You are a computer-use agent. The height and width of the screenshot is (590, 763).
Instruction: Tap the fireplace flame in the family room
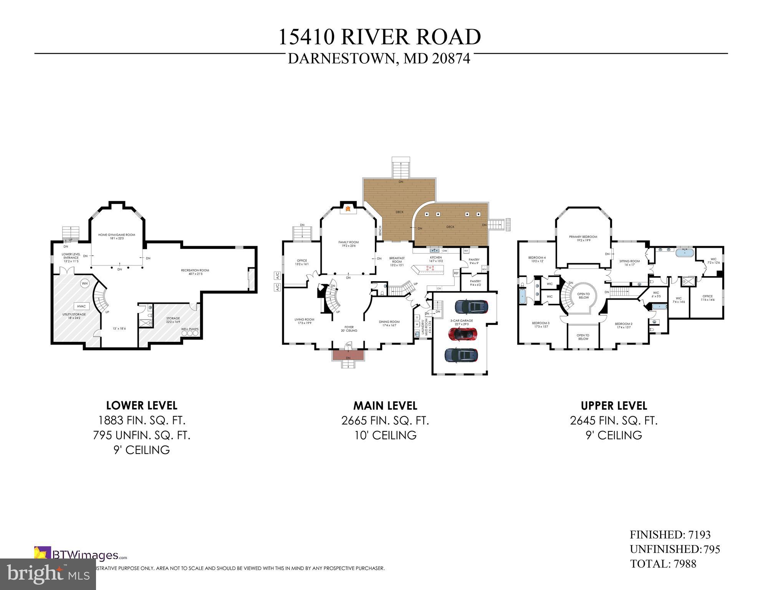(x=348, y=209)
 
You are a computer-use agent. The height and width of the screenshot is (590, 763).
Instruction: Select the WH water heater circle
(x=84, y=284)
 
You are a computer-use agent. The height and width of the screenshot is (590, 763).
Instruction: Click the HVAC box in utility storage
(x=81, y=306)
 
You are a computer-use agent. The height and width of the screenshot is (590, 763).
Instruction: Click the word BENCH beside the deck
(x=380, y=230)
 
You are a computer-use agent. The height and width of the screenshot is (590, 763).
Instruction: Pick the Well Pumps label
(x=190, y=329)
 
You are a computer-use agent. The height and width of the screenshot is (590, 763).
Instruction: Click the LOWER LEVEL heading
(x=142, y=406)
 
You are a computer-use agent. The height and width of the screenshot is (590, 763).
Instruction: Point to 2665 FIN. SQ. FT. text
(x=385, y=421)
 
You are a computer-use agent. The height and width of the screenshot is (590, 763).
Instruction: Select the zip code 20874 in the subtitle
(x=451, y=59)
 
